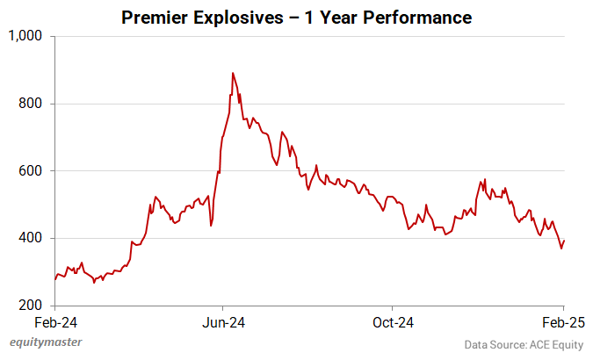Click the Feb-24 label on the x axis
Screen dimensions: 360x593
pos(54,322)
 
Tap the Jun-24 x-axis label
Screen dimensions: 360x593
pos(223,322)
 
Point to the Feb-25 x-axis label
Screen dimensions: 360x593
pos(563,322)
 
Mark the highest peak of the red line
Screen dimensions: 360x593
pos(233,73)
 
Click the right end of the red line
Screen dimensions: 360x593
pos(564,241)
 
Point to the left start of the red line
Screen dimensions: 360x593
pos(54,280)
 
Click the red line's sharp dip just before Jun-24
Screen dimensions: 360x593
pos(211,227)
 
